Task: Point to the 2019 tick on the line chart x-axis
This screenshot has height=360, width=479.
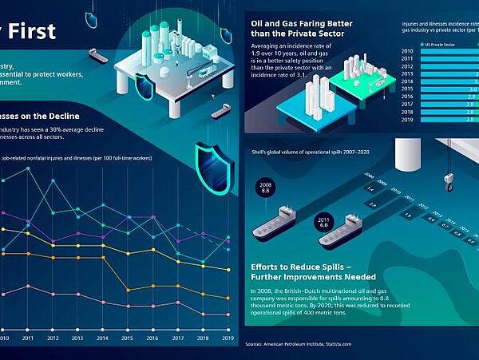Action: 227,338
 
